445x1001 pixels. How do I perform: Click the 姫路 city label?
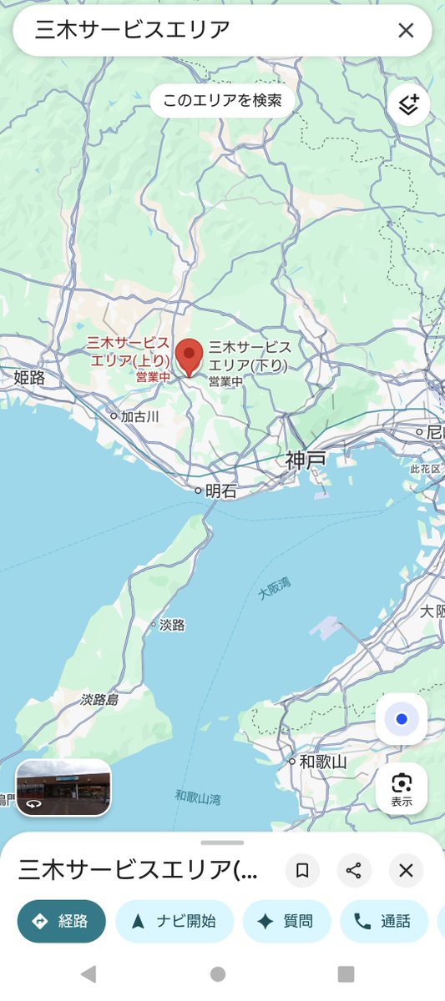pos(29,378)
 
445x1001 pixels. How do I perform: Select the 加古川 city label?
pos(139,415)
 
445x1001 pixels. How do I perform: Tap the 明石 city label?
pos(220,491)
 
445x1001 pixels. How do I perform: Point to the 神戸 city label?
pos(305,460)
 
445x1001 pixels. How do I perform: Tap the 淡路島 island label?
pos(100,699)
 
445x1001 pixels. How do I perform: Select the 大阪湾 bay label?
pos(273,588)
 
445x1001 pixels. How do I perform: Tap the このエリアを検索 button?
pos(222,101)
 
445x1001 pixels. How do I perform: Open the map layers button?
pos(408,105)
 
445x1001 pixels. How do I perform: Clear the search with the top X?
pos(406,31)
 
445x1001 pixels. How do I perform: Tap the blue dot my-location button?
pos(402,719)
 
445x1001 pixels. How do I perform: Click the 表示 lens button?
pos(402,787)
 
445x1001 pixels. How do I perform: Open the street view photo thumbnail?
pos(63,787)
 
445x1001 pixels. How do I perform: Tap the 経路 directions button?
pos(62,921)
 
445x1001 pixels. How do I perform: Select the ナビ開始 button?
pos(174,921)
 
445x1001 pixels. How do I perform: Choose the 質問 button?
pos(286,921)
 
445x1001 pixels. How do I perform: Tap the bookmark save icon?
pos(302,871)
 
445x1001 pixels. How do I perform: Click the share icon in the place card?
pos(354,871)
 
